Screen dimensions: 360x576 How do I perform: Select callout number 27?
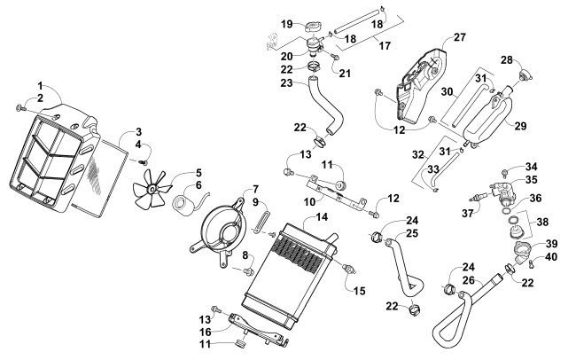(x=459, y=37)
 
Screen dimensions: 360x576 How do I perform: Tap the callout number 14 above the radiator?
(x=297, y=217)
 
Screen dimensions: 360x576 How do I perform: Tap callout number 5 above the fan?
(x=198, y=173)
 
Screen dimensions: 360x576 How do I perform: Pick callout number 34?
(x=530, y=166)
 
